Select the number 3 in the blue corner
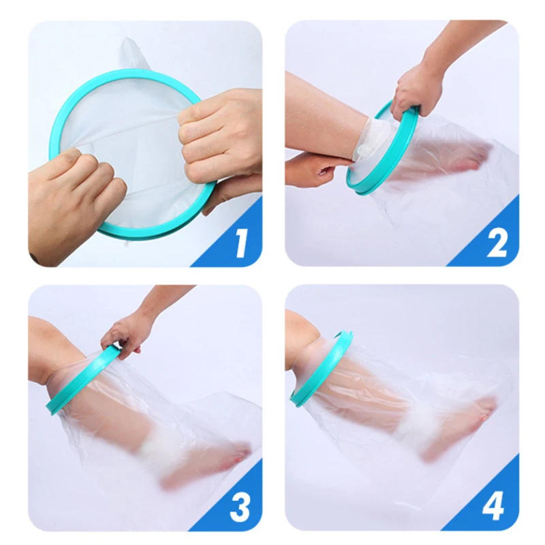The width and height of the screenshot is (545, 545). (x=240, y=507)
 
